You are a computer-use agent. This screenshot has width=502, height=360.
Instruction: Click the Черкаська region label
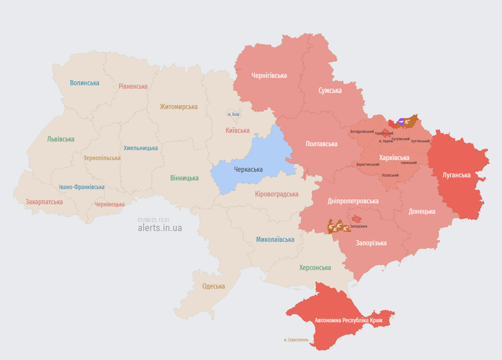(x=248, y=169)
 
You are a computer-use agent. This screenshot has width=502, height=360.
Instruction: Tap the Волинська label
(x=84, y=83)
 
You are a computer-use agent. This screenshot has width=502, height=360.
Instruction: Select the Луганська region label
(x=456, y=175)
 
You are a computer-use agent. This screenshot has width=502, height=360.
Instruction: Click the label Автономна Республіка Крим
(x=348, y=320)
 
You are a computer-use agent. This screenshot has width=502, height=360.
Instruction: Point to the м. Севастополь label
(x=296, y=340)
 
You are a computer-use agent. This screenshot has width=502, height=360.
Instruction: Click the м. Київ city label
(x=233, y=114)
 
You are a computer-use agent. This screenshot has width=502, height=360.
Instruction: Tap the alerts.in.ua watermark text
(x=160, y=228)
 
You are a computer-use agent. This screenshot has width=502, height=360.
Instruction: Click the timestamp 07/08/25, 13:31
(x=153, y=220)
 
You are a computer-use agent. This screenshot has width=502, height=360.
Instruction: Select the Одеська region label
(x=213, y=286)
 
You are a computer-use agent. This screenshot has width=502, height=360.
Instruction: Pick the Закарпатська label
(x=44, y=202)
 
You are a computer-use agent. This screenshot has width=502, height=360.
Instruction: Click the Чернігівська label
(x=269, y=76)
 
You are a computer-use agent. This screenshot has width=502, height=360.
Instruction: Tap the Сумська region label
(x=330, y=90)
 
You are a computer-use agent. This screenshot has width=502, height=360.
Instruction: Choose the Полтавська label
(x=321, y=144)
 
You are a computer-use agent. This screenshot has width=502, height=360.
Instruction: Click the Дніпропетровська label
(x=353, y=201)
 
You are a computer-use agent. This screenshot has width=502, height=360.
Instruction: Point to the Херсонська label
(x=315, y=268)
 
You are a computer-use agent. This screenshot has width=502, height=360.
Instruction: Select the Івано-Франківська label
(x=81, y=187)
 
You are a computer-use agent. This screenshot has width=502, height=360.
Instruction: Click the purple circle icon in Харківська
(x=401, y=122)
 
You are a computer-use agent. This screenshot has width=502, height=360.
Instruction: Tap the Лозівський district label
(x=390, y=176)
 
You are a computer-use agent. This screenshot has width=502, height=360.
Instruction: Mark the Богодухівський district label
(x=362, y=132)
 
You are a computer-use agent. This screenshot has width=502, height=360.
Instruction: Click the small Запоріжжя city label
(x=359, y=226)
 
